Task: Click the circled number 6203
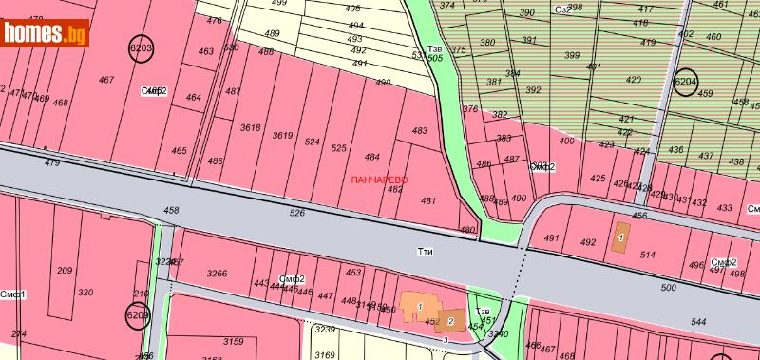click(x=141, y=46)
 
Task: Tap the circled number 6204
click(x=685, y=83)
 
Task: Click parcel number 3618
click(x=251, y=127)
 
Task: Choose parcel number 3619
click(x=282, y=135)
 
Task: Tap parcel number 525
click(x=339, y=147)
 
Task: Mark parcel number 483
click(x=420, y=130)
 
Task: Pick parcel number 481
click(x=427, y=200)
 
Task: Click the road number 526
click(x=297, y=213)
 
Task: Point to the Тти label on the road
click(x=426, y=252)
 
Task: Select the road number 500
click(x=668, y=287)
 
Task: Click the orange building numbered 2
click(x=451, y=320)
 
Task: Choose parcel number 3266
click(x=217, y=274)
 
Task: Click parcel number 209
click(x=65, y=271)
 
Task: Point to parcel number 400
click(x=566, y=141)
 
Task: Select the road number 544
click(x=698, y=322)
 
